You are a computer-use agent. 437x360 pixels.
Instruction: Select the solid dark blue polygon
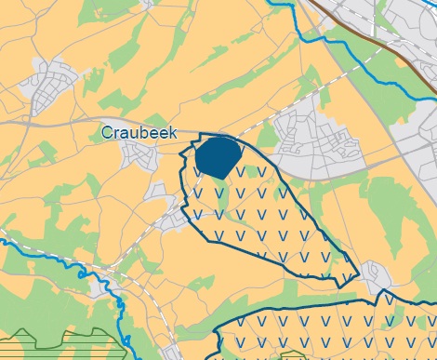(x=218, y=156)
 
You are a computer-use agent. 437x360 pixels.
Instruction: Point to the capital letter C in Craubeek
(x=108, y=134)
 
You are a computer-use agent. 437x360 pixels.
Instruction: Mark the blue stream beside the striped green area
(x=122, y=307)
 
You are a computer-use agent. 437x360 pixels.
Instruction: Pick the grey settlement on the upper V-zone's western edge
(x=172, y=219)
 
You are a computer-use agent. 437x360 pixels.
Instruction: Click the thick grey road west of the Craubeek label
(x=46, y=122)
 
